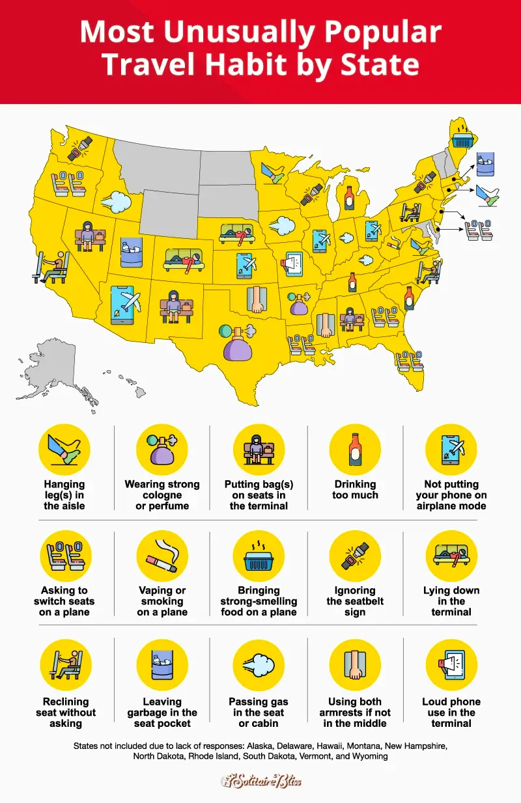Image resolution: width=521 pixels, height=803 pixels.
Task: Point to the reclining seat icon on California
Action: coord(51,267)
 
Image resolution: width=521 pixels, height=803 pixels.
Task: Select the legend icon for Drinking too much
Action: coord(355,450)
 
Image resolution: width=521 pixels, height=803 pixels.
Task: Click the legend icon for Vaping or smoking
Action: coord(162,556)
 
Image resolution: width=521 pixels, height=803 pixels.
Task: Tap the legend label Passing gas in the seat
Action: coord(259,713)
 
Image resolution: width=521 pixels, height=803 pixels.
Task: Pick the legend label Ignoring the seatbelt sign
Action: coord(355,601)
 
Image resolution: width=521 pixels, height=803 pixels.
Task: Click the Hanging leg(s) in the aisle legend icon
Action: coord(64,450)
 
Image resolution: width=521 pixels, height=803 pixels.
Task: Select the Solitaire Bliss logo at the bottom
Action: coord(260,780)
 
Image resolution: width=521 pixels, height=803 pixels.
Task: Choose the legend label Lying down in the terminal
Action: coord(451,601)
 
